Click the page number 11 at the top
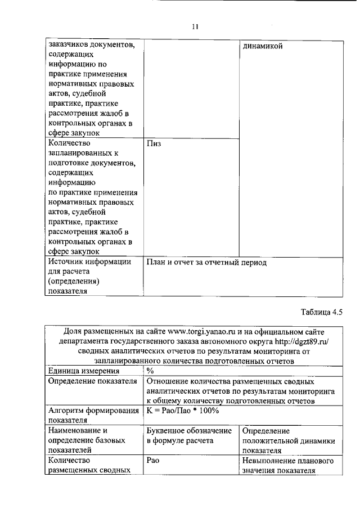(195, 26)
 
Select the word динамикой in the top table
(262, 46)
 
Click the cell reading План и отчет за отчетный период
(205, 262)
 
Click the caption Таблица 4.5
(321, 311)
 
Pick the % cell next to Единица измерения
(150, 371)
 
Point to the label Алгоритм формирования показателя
(92, 415)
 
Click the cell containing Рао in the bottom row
(154, 461)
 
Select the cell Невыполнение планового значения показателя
(288, 465)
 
